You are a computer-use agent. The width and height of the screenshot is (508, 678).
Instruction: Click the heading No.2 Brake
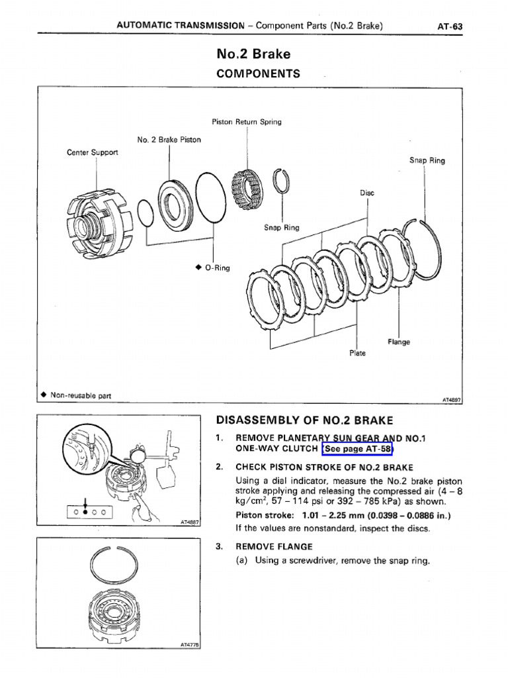click(x=253, y=54)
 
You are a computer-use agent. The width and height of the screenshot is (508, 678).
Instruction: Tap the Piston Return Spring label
click(x=246, y=122)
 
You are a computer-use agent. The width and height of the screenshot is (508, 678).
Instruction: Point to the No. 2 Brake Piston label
click(x=169, y=140)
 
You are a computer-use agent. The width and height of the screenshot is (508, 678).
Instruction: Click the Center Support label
click(x=93, y=152)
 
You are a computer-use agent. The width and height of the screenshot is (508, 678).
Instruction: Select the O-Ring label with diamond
click(x=212, y=268)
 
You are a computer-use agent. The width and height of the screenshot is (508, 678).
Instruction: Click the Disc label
click(x=367, y=193)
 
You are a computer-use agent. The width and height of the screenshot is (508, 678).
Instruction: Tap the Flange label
click(x=399, y=342)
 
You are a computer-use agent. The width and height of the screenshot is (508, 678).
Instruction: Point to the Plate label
click(x=357, y=354)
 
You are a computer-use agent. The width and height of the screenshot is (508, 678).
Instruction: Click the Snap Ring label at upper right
click(x=427, y=160)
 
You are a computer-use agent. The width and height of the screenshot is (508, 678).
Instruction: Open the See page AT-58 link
click(x=358, y=450)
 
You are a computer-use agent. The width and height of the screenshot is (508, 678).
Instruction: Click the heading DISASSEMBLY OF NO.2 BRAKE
click(x=304, y=420)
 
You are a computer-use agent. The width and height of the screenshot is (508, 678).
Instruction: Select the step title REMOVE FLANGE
click(x=274, y=547)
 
